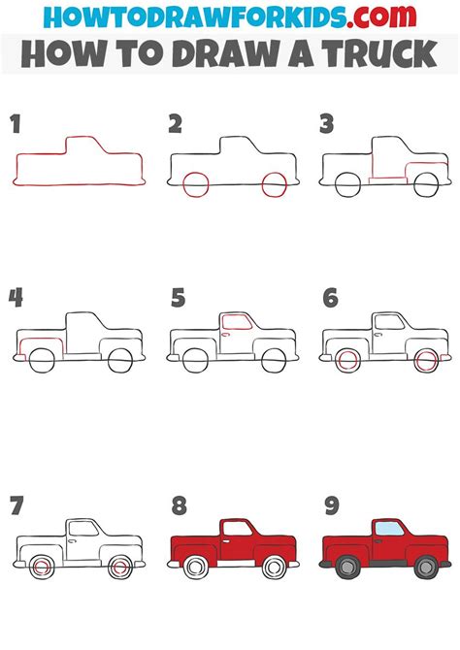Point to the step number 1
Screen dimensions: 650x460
pos(15,123)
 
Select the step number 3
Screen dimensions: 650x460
pos(327,123)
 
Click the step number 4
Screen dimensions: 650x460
pos(16,297)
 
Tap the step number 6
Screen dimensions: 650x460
pos(329,297)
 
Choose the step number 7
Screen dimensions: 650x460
pos(16,506)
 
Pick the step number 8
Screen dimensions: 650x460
pos(178,506)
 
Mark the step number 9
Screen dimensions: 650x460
pos(329,506)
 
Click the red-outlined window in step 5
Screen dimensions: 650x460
pos(234,325)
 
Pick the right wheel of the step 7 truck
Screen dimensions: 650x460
pos(120,566)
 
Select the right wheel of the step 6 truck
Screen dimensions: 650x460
pos(425,361)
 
